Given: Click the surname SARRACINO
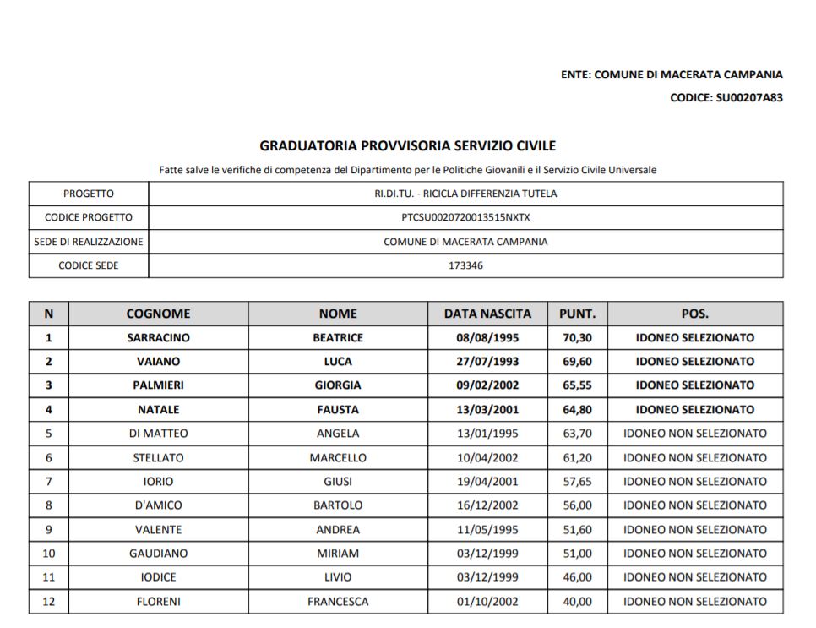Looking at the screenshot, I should (158, 337).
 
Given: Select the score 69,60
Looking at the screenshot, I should (576, 362).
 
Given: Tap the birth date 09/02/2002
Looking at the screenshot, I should (487, 385).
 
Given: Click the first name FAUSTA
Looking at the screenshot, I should (338, 410).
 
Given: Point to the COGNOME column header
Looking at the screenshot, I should (158, 314).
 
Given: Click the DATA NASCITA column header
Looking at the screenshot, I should (487, 314).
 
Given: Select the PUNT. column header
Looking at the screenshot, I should (577, 314).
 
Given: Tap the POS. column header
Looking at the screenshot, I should (694, 314).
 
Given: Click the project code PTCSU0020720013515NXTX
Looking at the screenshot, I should (465, 217).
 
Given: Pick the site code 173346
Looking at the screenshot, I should (465, 265).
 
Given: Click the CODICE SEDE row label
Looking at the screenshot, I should (89, 265).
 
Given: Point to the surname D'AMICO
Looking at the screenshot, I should (158, 505).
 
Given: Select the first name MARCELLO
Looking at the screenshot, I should (338, 458).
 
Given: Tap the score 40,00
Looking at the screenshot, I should (576, 602).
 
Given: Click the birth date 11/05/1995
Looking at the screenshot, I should (487, 530).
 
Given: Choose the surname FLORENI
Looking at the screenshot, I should (158, 602).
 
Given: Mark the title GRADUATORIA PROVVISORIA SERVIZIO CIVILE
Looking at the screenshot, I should (407, 146).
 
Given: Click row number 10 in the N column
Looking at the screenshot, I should (48, 554).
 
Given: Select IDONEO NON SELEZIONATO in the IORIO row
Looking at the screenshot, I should (694, 482).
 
